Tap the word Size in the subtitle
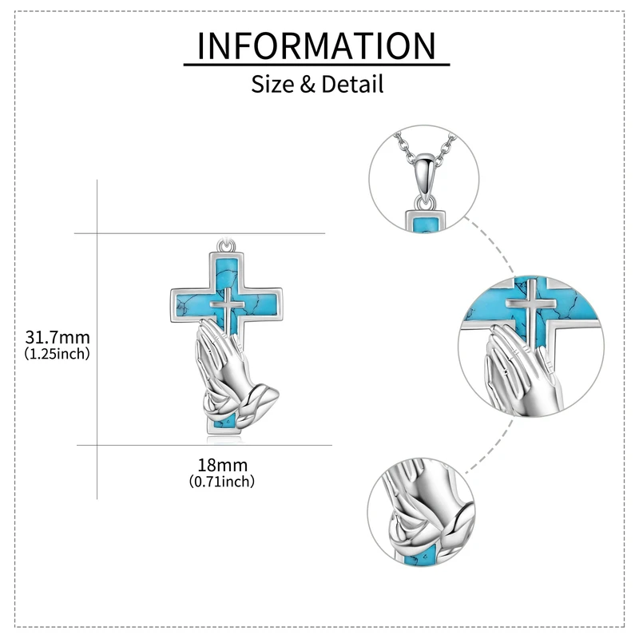point(273,83)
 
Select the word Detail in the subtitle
point(352,83)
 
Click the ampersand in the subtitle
point(308,84)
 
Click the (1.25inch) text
point(58,352)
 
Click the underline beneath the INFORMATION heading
point(316,65)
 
